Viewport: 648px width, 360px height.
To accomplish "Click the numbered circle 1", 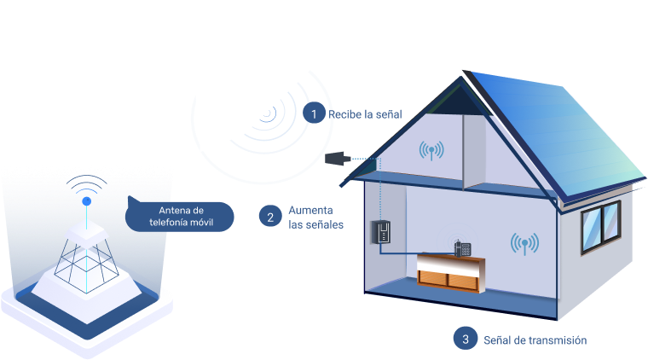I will tap(314, 113).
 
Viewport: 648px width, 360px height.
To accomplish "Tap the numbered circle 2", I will tap(269, 217).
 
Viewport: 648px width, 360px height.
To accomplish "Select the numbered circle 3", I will tap(465, 339).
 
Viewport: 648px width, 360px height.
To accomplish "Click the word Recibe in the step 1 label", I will tap(344, 114).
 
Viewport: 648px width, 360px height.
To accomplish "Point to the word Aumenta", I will tap(310, 210).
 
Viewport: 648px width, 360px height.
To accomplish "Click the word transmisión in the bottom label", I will tap(557, 340).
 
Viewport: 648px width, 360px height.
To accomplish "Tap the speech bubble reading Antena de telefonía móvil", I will tap(180, 217).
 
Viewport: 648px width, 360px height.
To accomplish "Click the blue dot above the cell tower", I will tap(86, 201).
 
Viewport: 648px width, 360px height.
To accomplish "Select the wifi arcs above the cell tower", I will tap(87, 186).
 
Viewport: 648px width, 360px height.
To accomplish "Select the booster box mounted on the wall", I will tap(381, 229).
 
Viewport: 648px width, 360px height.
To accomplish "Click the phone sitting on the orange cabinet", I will tap(462, 248).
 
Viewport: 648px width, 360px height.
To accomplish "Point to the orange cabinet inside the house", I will tap(448, 273).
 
